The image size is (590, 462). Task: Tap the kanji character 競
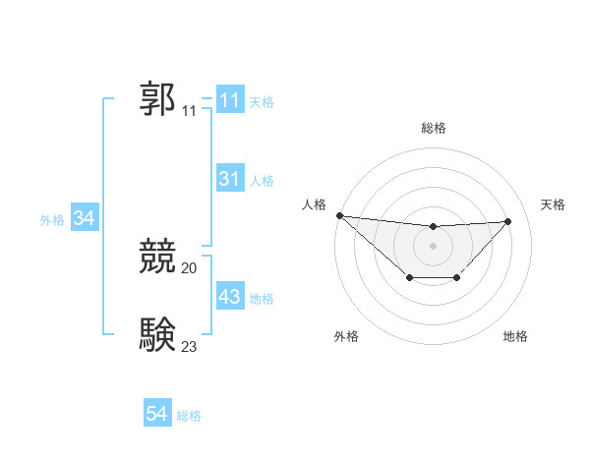coord(158,257)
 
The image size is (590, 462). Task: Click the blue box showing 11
coord(229,100)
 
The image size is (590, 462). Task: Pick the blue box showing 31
coord(229,179)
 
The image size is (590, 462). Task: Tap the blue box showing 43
coord(229,297)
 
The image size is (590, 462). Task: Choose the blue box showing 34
coord(84,218)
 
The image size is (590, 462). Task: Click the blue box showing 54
coord(156,414)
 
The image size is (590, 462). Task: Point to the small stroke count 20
coord(190,267)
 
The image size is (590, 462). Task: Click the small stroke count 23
coord(190,346)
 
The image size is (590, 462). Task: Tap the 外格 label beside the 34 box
coord(52,220)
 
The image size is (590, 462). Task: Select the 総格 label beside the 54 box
coord(189,416)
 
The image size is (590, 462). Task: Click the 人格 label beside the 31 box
coord(262,181)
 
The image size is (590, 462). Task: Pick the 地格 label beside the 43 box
coord(262,299)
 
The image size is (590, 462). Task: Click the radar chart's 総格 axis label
coord(433,128)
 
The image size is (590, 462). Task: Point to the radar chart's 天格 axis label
coord(553,204)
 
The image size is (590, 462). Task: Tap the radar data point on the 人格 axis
coord(339,215)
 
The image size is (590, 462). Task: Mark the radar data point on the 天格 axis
coord(507,221)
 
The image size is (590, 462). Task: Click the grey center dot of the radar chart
coord(433,245)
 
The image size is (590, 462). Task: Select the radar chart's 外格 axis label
coord(346,336)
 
